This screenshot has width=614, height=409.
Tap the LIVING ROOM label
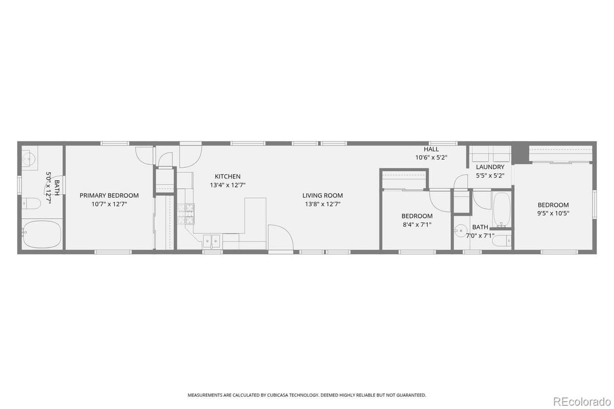click(322, 195)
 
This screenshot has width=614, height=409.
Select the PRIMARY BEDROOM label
click(109, 195)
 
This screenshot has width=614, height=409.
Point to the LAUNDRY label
click(490, 167)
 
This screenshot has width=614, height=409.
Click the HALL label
click(431, 149)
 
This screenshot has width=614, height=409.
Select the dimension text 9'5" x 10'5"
click(553, 213)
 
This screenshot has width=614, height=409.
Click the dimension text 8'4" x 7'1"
click(416, 224)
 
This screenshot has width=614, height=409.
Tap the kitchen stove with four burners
click(186, 214)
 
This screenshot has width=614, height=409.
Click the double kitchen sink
click(212, 240)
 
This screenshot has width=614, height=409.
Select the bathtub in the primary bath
click(41, 234)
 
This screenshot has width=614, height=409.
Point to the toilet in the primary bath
click(31, 204)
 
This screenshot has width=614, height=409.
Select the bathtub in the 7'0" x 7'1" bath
click(501, 210)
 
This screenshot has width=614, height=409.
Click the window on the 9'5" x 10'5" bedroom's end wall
click(595, 204)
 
